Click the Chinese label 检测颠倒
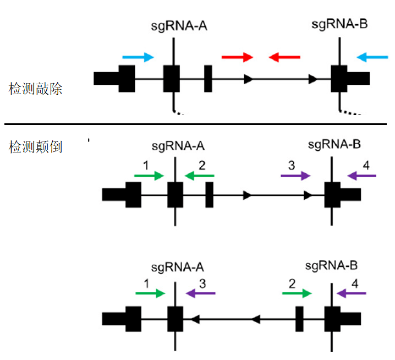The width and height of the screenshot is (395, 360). coord(35,148)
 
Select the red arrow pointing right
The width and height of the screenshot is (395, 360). coord(237,57)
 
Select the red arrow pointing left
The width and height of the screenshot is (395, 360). coord(284,57)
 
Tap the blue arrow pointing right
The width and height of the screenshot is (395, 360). coord(138,57)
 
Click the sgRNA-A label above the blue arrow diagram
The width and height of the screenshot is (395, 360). coord(175,25)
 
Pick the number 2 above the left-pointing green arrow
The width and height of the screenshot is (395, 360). coord(202,165)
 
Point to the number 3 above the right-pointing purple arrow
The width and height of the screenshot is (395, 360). coord(291,165)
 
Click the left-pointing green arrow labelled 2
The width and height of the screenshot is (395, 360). coord(199,176)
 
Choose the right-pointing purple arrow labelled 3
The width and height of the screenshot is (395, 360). coord(295,176)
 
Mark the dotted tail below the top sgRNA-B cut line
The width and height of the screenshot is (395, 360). coord(350,112)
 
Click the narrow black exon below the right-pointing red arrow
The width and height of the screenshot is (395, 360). coord(209,79)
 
